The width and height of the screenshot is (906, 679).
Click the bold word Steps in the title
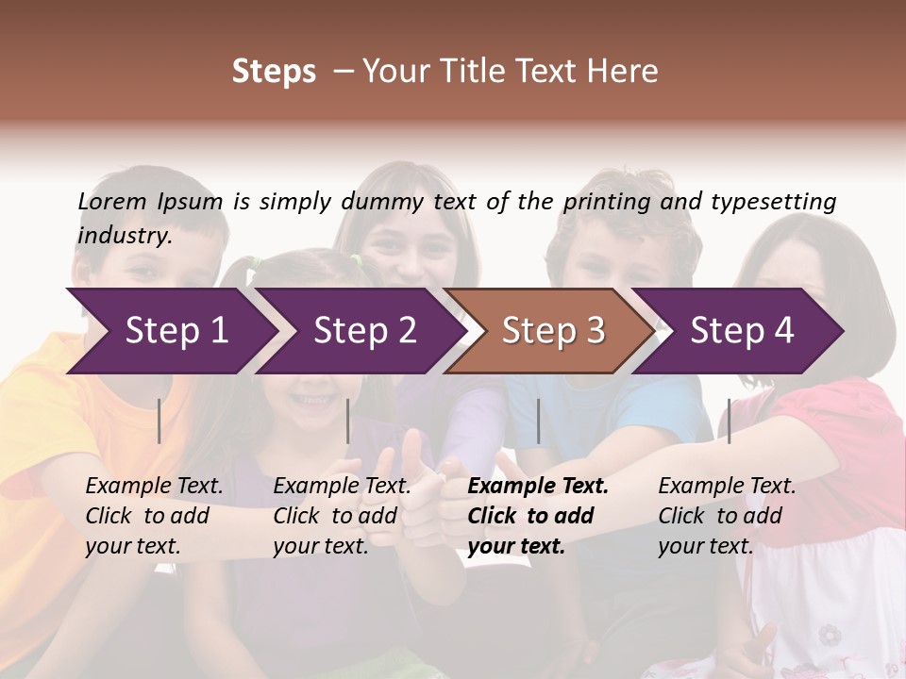coord(274,72)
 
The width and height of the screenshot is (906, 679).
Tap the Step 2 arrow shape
coord(364,330)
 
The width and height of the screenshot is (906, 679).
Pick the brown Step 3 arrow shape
coord(553,330)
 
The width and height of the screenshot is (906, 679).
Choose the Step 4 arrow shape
coord(742,330)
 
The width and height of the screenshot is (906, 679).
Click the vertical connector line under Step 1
coord(159,421)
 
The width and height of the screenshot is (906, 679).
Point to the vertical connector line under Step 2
coord(348,421)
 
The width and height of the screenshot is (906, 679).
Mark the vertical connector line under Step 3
coord(538,421)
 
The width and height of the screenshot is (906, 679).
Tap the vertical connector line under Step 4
coord(729,421)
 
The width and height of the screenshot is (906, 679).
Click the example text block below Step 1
coord(154,516)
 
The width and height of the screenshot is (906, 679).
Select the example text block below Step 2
coord(342,516)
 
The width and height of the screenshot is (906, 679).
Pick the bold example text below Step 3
coord(538,516)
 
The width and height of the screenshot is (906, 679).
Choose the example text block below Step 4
coord(727,516)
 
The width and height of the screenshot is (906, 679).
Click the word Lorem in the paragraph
coord(112,201)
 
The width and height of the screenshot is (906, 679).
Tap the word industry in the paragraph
coord(125,236)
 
